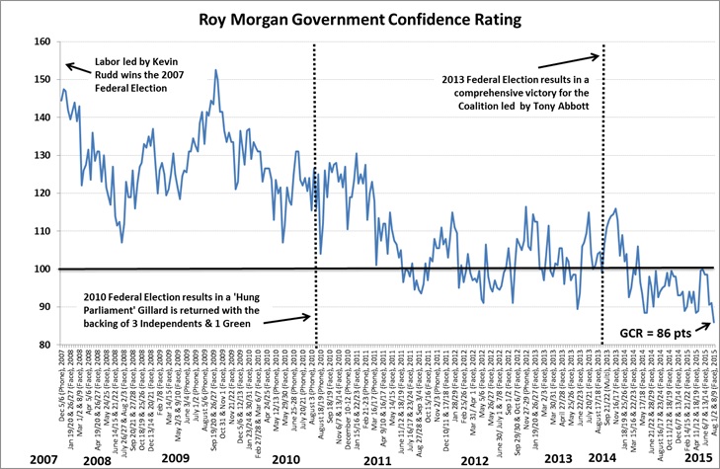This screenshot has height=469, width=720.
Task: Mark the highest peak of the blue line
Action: (215, 70)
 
